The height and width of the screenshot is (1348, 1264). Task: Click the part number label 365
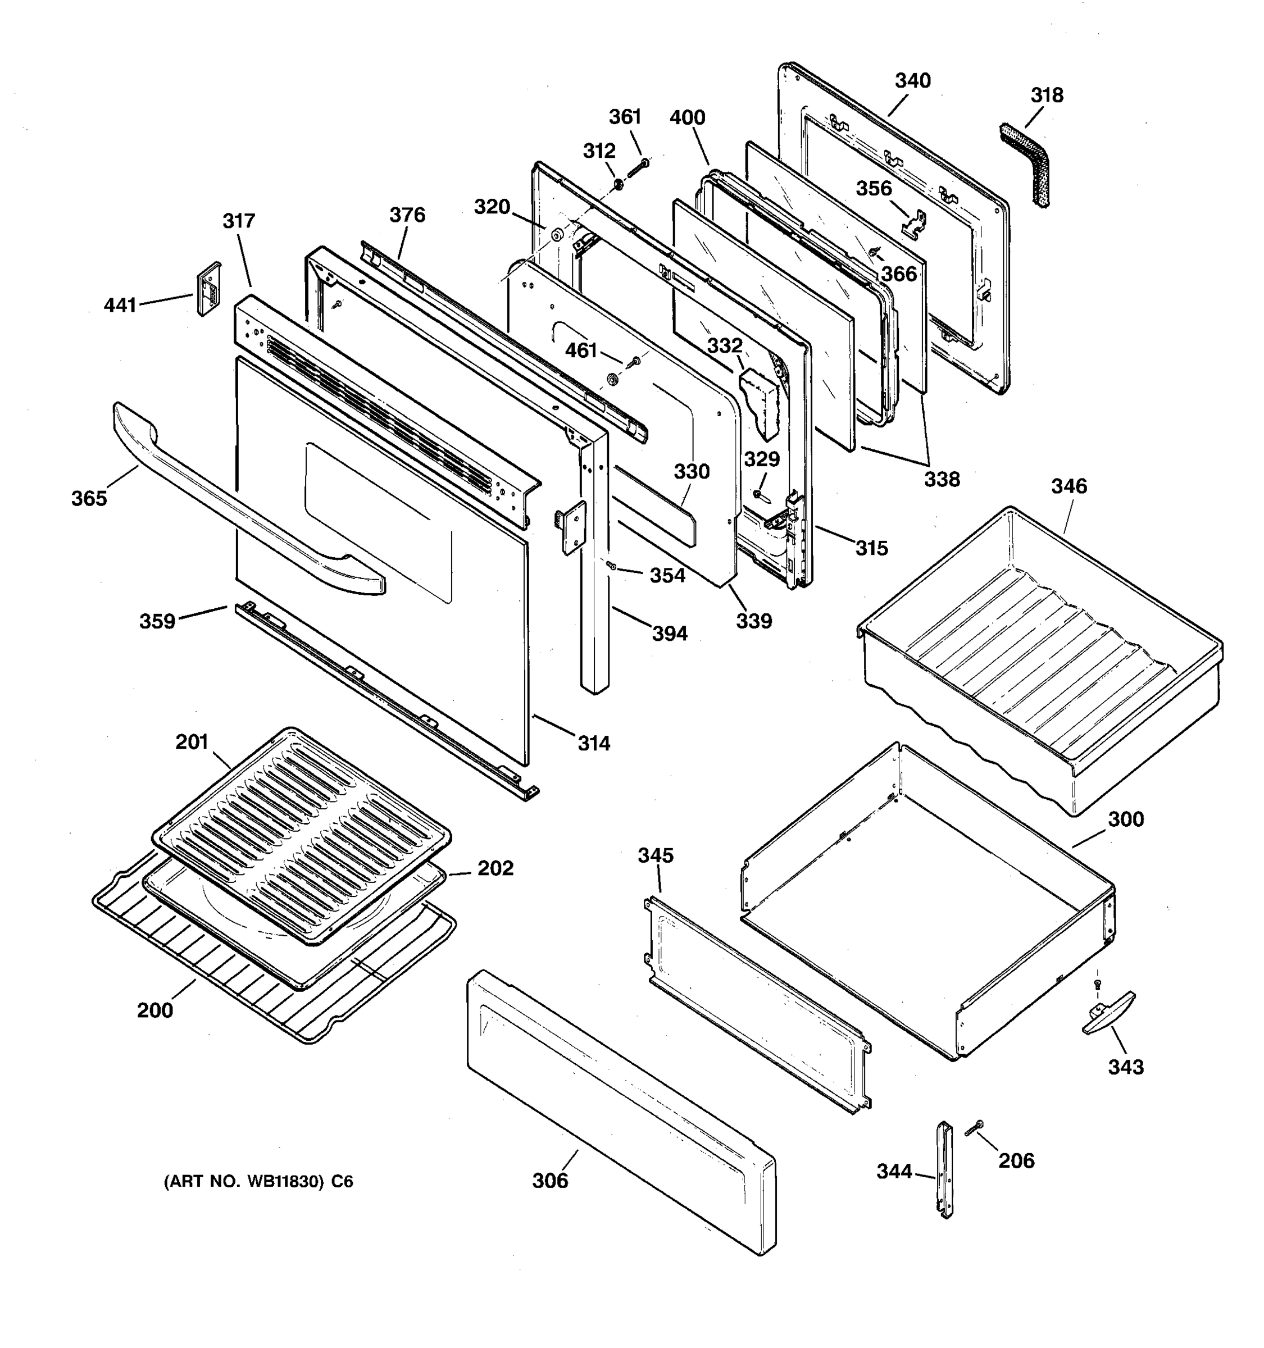89,499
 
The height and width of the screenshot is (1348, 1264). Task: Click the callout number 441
120,306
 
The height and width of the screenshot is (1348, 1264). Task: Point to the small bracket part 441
209,289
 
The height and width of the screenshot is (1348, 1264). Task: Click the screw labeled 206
975,1128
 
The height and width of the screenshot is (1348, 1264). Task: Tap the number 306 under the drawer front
549,1181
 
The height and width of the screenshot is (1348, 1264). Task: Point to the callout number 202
495,868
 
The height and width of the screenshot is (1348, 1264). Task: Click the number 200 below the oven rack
154,1011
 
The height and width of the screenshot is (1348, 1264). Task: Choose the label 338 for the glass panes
942,480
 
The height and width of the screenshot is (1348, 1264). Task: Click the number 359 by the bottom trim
157,621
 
